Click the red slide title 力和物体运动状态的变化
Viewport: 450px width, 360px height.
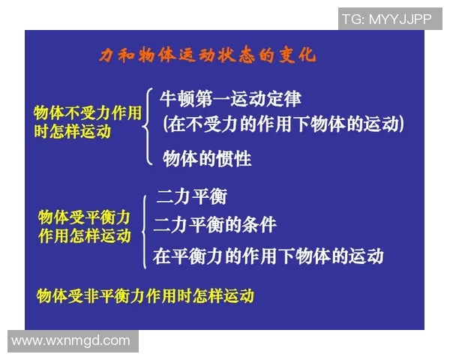(208, 55)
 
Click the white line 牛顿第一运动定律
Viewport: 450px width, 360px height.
(230, 98)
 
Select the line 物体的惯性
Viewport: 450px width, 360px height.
(207, 158)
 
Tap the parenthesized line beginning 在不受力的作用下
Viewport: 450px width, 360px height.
(283, 124)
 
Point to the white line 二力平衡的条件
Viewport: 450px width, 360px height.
(215, 224)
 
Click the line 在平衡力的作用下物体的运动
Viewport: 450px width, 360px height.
(268, 256)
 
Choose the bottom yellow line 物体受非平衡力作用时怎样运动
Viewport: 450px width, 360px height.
(145, 295)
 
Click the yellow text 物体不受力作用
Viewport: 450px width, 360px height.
(88, 113)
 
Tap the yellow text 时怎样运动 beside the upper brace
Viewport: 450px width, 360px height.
(72, 131)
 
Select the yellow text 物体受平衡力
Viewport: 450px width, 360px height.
(84, 217)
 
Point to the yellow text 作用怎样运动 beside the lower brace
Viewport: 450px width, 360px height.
(84, 235)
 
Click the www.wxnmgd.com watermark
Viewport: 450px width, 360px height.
(70, 340)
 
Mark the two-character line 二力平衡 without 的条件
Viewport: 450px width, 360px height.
(191, 197)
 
